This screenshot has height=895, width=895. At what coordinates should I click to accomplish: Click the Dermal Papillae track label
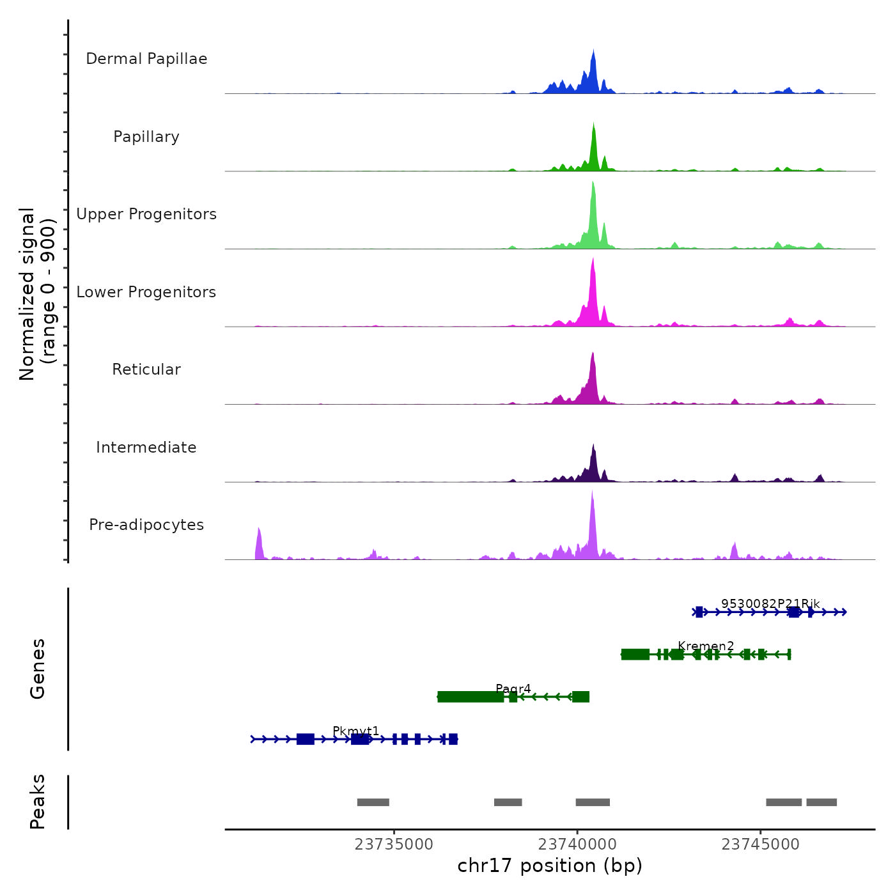tap(146, 59)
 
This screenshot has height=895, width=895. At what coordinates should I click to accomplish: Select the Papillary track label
tap(146, 137)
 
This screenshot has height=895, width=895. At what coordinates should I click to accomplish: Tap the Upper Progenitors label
tap(146, 214)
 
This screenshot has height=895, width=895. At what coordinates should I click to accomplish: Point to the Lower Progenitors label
tap(146, 292)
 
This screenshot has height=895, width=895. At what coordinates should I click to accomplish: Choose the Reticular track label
tap(146, 370)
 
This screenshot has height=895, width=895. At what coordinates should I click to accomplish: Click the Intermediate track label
tap(146, 447)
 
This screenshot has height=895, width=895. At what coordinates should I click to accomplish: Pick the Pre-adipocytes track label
tap(146, 525)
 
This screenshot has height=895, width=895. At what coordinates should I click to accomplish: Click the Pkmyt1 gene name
tap(356, 731)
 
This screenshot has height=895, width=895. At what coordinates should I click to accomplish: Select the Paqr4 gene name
tap(513, 689)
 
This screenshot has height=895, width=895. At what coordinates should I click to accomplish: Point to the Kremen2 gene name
tap(706, 646)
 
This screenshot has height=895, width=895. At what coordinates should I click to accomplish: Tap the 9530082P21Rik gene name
tap(770, 603)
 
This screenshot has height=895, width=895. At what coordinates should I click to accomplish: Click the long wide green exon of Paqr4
tap(471, 697)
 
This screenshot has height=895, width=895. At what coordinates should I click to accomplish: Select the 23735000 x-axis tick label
tap(394, 844)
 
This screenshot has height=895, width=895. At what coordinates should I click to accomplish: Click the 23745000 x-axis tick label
tap(761, 844)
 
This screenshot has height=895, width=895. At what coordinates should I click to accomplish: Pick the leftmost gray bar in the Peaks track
tap(373, 802)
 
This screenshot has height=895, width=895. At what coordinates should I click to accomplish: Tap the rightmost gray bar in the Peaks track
tap(821, 802)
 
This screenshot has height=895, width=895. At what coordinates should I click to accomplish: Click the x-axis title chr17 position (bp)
tap(550, 866)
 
